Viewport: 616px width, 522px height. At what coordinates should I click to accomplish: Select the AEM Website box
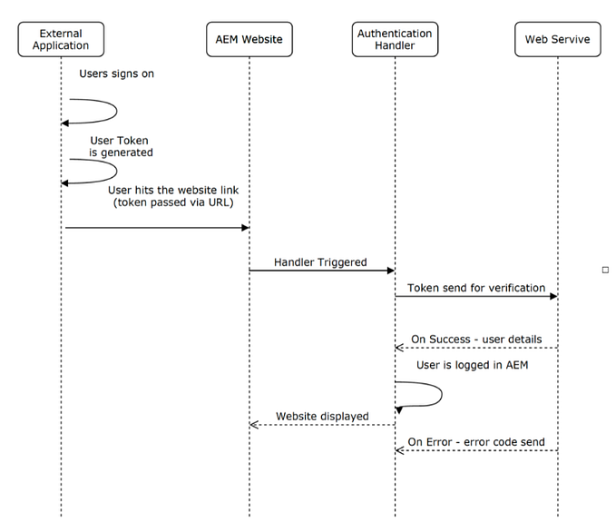tap(249, 39)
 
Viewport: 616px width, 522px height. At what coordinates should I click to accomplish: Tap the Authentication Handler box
tap(395, 39)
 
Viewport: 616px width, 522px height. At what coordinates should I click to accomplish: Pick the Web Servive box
tap(556, 39)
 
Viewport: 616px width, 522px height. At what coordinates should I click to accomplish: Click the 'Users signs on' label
tap(116, 74)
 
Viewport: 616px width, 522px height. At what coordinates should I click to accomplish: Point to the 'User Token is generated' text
tap(120, 146)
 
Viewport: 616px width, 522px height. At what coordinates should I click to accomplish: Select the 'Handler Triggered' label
tap(321, 262)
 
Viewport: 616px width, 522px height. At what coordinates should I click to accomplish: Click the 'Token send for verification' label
tap(475, 288)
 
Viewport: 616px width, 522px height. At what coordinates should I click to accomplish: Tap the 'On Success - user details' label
tap(475, 339)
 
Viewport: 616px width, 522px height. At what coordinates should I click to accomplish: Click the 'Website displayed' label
tap(322, 416)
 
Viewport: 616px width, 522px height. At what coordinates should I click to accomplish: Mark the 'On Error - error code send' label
tap(475, 441)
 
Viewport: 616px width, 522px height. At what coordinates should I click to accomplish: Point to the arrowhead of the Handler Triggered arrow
tap(390, 270)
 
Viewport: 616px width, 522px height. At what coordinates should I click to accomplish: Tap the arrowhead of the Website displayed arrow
tap(255, 424)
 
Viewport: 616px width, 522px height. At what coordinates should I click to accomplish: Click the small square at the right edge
tap(605, 270)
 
